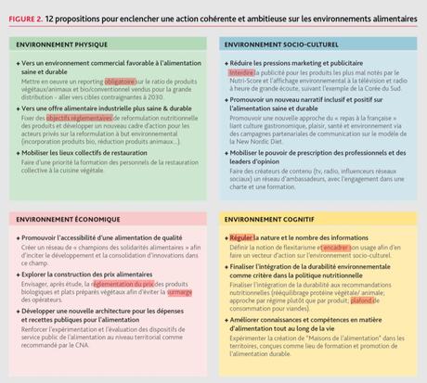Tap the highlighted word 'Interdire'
(x=243, y=70)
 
